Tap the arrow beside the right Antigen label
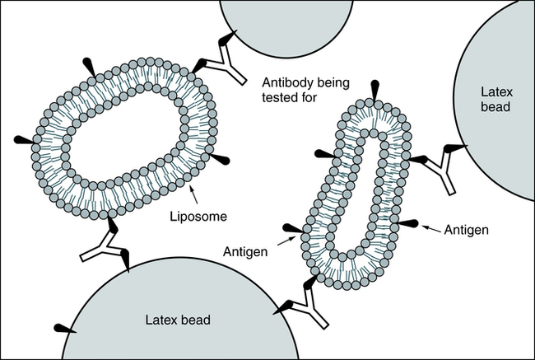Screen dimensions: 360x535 point(432,227)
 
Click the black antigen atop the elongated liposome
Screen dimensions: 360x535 point(375,89)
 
